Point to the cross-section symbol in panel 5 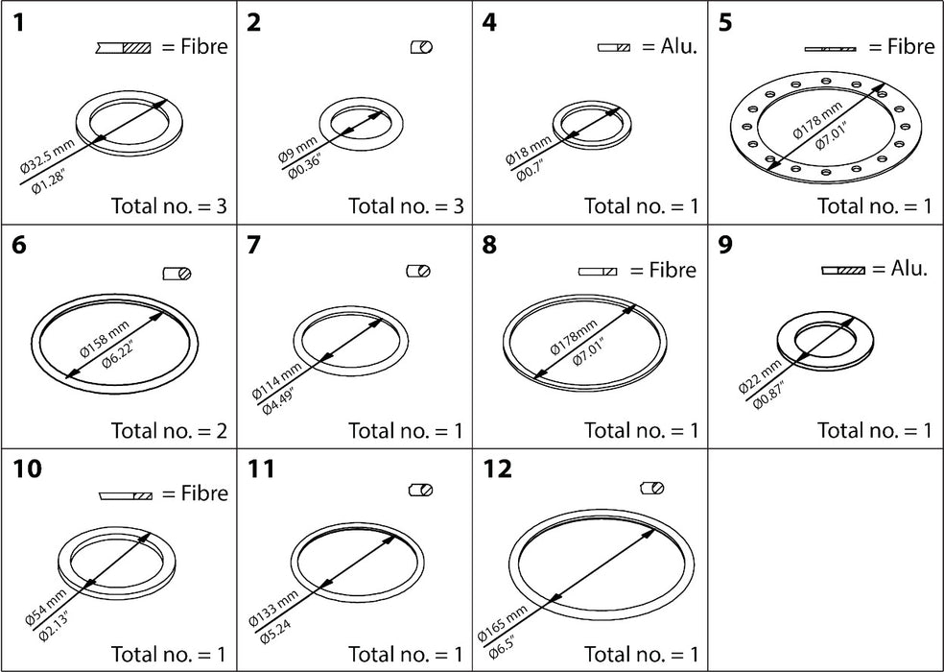[831, 48]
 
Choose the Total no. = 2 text [169, 431]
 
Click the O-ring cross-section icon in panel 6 [177, 274]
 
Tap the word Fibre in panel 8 [663, 271]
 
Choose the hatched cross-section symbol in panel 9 [843, 271]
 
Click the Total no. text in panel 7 [405, 431]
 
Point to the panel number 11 [260, 469]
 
